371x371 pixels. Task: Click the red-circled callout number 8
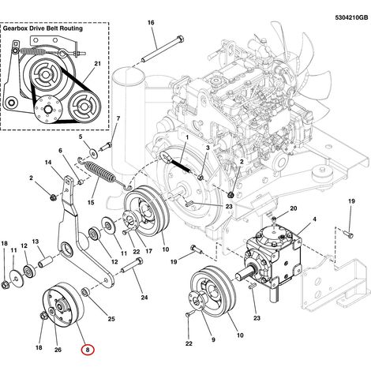(x=88, y=350)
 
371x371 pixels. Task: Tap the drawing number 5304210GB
(x=351, y=17)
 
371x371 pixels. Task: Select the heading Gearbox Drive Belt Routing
(x=43, y=28)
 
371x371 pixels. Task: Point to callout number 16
(x=151, y=23)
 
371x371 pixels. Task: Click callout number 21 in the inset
(x=98, y=64)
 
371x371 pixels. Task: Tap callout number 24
(x=144, y=298)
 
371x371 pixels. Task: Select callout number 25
(x=111, y=319)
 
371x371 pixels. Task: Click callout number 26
(x=58, y=350)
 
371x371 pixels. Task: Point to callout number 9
(x=213, y=339)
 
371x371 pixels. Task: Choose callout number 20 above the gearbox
(x=294, y=208)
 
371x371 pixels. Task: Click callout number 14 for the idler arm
(x=48, y=163)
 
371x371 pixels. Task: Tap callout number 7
(x=118, y=118)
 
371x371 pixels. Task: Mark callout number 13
(x=36, y=242)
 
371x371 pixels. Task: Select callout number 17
(x=148, y=251)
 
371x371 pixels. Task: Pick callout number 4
(x=314, y=219)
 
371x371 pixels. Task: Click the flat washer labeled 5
(x=93, y=152)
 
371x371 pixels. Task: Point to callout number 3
(x=208, y=148)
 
